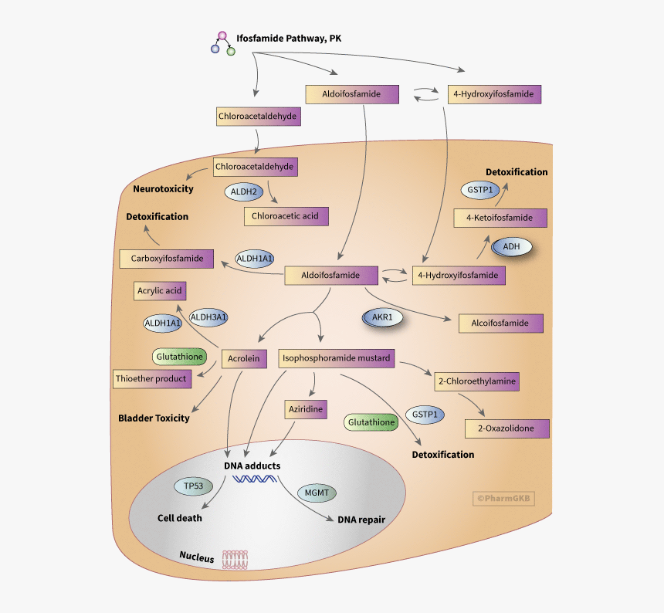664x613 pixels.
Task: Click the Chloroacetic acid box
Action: pos(286,216)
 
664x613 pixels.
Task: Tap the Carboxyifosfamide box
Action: pos(166,259)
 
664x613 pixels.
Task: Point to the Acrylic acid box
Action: pos(159,291)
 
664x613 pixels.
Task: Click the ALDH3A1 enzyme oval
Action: pos(208,317)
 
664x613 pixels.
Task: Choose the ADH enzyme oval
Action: pos(511,246)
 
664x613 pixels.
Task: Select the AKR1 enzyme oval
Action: pos(382,317)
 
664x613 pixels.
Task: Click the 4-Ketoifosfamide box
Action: pos(500,218)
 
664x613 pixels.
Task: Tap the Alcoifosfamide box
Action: pos(500,323)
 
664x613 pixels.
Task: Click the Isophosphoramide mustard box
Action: pos(337,358)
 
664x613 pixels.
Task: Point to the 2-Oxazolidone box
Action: pos(506,428)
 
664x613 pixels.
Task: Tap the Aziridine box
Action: pos(305,409)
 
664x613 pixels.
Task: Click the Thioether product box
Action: pos(151,378)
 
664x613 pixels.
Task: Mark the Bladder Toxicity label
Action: pos(154,418)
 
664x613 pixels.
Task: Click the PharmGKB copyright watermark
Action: pos(503,499)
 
